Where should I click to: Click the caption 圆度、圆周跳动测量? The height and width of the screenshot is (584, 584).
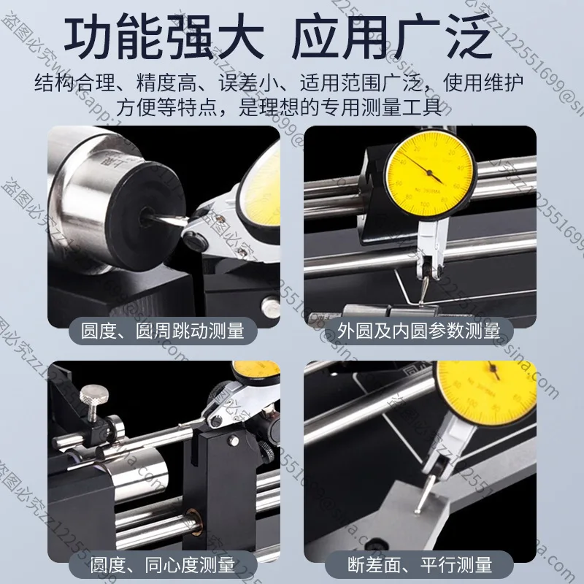pyautogui.click(x=167, y=330)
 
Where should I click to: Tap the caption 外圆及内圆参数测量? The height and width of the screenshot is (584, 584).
pyautogui.click(x=419, y=330)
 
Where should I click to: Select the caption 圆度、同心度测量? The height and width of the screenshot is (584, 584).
pyautogui.click(x=162, y=564)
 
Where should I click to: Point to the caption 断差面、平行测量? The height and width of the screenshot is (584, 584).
pyautogui.click(x=419, y=564)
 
